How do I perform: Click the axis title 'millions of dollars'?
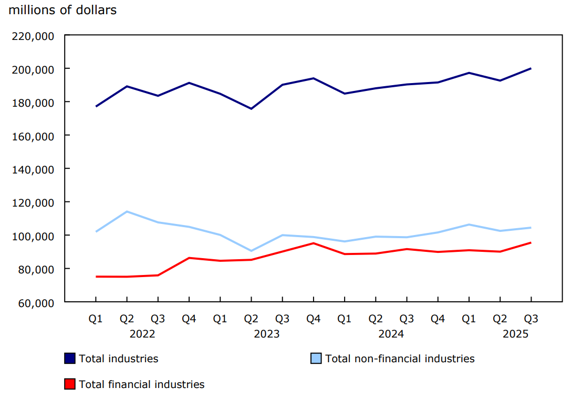(63, 10)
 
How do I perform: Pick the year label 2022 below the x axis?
(142, 334)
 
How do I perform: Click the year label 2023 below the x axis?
(267, 334)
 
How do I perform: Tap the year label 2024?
(391, 334)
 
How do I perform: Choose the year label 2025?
(515, 334)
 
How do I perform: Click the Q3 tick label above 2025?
(531, 319)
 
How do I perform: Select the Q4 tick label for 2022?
(189, 319)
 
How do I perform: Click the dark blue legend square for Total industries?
(69, 359)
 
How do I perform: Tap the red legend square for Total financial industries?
(69, 384)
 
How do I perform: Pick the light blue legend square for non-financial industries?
(316, 359)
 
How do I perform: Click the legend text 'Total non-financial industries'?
(400, 359)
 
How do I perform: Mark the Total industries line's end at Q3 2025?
(531, 68)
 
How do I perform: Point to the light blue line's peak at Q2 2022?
(127, 211)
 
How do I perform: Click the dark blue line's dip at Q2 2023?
(251, 109)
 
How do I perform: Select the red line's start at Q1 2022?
(96, 277)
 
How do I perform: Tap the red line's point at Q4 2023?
(313, 243)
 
